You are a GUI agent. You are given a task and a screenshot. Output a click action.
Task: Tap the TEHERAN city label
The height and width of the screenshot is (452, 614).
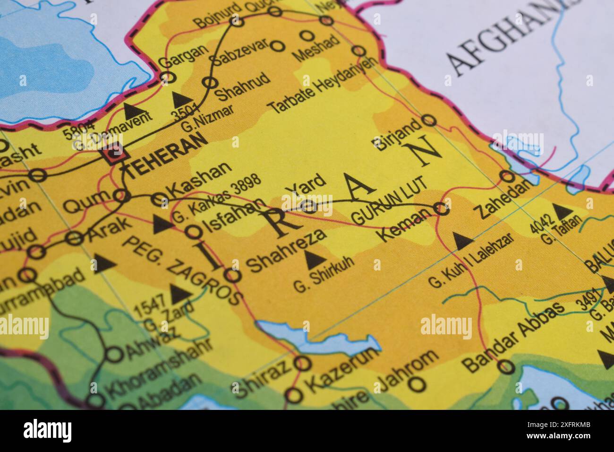tap(168, 155)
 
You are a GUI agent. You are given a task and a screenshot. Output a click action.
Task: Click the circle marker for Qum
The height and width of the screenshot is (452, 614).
tap(120, 195)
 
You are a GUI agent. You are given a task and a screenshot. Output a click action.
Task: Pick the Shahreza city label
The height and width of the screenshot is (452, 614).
tap(287, 250)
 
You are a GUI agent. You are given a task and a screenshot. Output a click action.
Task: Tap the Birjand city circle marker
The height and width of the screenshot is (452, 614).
tap(429, 120)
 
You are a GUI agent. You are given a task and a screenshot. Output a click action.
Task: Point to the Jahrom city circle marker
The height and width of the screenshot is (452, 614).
tap(417, 383)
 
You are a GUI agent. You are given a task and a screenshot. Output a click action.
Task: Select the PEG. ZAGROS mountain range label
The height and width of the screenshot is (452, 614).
tap(182, 269)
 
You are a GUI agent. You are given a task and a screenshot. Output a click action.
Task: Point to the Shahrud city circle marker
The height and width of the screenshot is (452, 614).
tap(209, 83)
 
